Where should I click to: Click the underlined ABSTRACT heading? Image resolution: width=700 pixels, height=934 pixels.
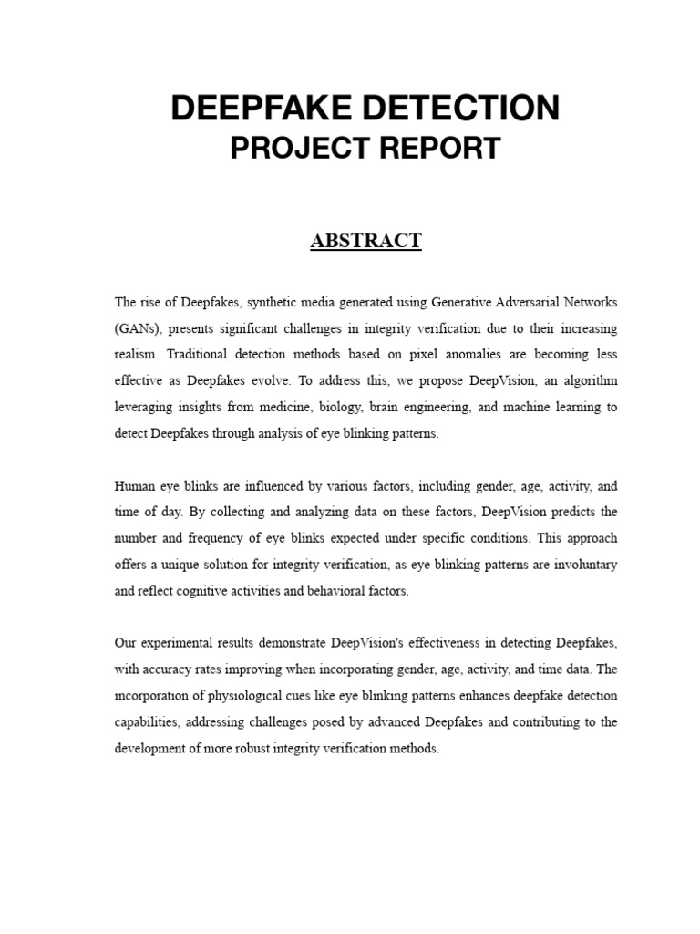click(365, 241)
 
